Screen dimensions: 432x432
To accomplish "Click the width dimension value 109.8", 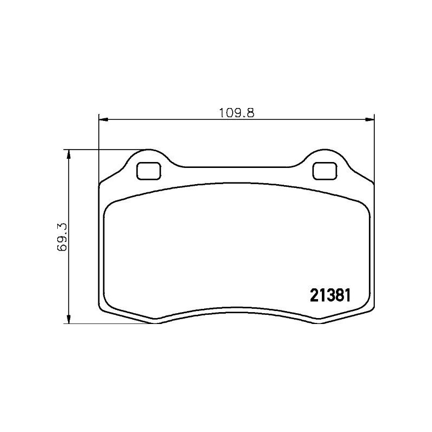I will (x=236, y=113).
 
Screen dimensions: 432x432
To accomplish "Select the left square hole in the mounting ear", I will (x=148, y=171).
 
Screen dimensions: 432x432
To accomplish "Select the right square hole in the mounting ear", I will (x=324, y=171).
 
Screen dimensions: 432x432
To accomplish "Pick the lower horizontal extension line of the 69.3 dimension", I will (x=108, y=323).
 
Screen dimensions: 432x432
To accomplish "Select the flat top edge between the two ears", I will (x=236, y=167).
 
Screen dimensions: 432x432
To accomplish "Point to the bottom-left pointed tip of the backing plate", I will (x=156, y=322).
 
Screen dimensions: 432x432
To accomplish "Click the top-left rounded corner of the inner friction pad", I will (x=110, y=206).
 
